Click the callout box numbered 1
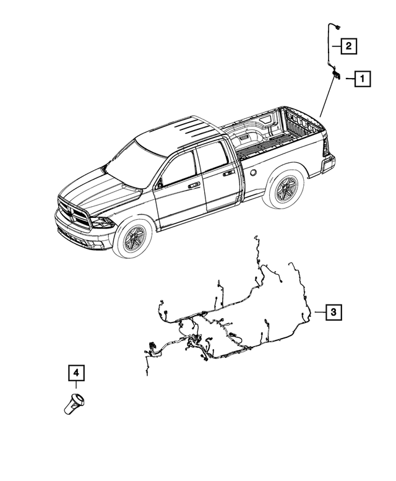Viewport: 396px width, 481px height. coord(363,79)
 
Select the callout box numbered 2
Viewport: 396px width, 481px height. coord(349,45)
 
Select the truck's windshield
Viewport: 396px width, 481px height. coord(133,162)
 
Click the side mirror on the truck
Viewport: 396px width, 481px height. coord(160,184)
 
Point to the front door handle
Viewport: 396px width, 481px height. coord(194,184)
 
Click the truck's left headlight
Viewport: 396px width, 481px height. coord(100,222)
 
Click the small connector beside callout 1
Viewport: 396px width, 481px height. coord(337,74)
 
